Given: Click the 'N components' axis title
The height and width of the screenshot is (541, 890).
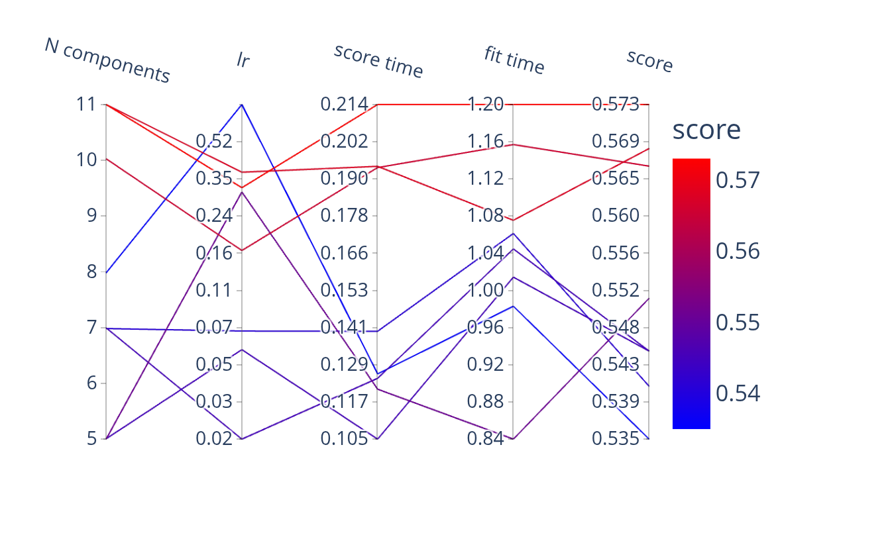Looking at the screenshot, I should click(107, 60).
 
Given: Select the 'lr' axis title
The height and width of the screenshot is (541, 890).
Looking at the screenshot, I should click(243, 60).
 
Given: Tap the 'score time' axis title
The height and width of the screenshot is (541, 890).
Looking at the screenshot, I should click(378, 60).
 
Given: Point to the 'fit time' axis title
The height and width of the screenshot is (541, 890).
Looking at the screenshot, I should click(514, 60).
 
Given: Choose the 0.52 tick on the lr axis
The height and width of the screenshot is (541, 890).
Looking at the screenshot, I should click(214, 141).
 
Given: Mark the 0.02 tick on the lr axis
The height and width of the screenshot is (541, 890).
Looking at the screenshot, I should click(214, 438).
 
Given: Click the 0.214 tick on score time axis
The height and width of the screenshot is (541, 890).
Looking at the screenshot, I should click(344, 105).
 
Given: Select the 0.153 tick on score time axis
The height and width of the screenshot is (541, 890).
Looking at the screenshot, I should click(344, 290).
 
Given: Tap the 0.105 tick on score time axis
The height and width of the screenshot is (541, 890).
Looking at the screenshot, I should click(344, 438).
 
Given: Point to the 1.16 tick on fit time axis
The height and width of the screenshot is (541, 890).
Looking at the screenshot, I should click(486, 142).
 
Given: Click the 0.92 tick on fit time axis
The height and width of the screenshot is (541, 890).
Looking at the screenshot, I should click(486, 364).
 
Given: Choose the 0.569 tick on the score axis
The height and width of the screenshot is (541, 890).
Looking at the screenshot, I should click(616, 141).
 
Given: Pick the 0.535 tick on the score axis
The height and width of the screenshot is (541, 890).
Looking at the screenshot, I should click(616, 438).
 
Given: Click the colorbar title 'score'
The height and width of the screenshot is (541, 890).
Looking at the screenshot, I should click(706, 130).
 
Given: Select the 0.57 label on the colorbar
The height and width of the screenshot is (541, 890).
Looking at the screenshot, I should click(738, 180).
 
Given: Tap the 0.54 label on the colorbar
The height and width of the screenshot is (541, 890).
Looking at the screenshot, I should click(738, 393).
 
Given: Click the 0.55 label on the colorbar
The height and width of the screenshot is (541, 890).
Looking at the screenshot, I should click(738, 322).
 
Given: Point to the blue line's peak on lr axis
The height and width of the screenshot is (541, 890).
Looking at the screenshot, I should click(242, 105).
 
